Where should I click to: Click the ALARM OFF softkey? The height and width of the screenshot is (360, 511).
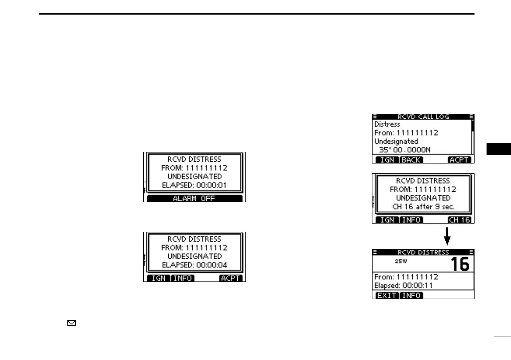pyautogui.click(x=194, y=198)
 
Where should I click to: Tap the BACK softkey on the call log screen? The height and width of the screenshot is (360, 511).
pyautogui.click(x=411, y=160)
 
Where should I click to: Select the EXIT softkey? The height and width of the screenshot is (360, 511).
pyautogui.click(x=387, y=295)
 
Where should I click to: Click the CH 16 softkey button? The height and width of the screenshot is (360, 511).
pyautogui.click(x=460, y=220)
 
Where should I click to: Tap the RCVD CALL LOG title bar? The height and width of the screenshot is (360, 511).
pyautogui.click(x=423, y=116)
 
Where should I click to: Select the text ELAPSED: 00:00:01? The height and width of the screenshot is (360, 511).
pyautogui.click(x=195, y=185)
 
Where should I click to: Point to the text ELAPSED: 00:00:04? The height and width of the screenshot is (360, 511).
pyautogui.click(x=195, y=265)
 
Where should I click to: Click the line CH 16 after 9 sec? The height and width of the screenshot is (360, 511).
pyautogui.click(x=423, y=207)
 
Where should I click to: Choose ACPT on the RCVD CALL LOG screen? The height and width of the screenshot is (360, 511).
pyautogui.click(x=460, y=160)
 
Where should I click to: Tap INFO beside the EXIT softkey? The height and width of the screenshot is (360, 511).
pyautogui.click(x=411, y=295)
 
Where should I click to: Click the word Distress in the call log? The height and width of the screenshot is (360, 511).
pyautogui.click(x=387, y=124)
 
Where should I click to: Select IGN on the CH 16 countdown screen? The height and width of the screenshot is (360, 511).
pyautogui.click(x=387, y=220)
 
